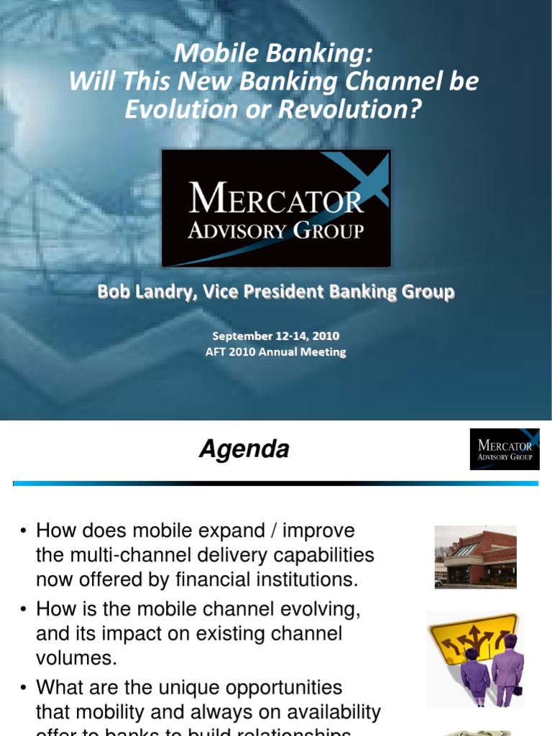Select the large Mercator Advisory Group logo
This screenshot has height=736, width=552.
(276, 208)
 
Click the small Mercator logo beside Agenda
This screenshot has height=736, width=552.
(504, 449)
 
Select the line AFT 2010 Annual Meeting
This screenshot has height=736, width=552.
(276, 352)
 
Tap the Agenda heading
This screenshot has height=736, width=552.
(244, 450)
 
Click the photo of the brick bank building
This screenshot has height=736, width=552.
(475, 556)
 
